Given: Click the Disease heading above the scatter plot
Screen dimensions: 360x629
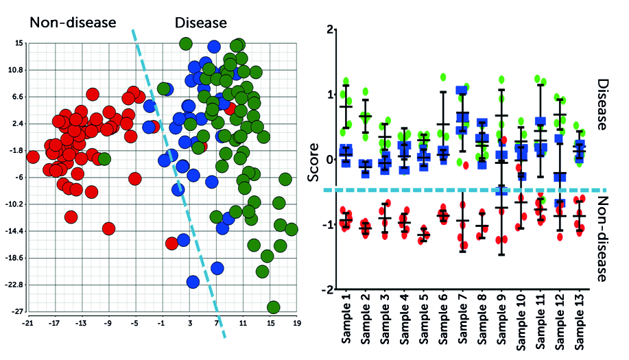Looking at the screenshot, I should point(200,23).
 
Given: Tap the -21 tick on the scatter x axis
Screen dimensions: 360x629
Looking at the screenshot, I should point(27,321).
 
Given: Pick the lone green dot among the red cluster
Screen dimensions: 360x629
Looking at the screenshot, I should point(104,159).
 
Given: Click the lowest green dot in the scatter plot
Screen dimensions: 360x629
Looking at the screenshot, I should point(273,307).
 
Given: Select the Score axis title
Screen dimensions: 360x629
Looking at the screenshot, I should point(313,165).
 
